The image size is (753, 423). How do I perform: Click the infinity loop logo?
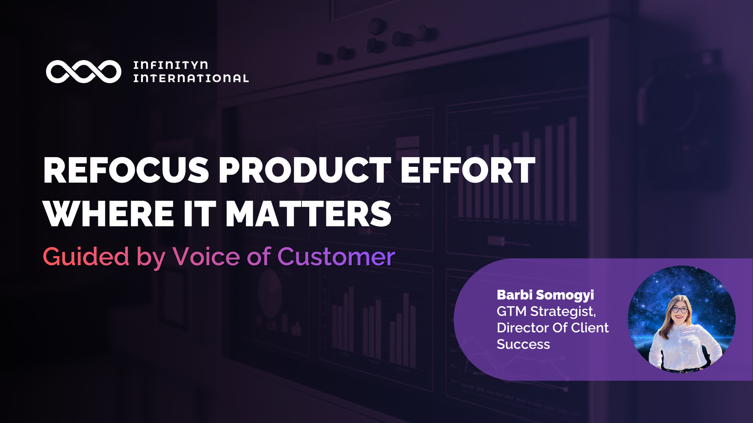83,72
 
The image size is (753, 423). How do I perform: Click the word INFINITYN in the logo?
170,65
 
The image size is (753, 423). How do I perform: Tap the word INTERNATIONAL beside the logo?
191,78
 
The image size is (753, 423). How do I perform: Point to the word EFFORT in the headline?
468,171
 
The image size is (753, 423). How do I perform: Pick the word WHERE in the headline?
109,214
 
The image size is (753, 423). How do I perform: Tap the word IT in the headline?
200,214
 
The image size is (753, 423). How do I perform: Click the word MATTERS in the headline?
308,214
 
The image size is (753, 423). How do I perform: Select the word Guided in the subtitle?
86,257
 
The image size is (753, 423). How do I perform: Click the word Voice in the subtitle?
206,257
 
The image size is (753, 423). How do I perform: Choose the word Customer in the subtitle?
336,257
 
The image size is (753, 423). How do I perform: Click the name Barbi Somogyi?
545,295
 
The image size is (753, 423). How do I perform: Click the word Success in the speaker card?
523,344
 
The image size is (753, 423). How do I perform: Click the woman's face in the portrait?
680,310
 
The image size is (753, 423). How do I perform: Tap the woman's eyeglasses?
680,309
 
